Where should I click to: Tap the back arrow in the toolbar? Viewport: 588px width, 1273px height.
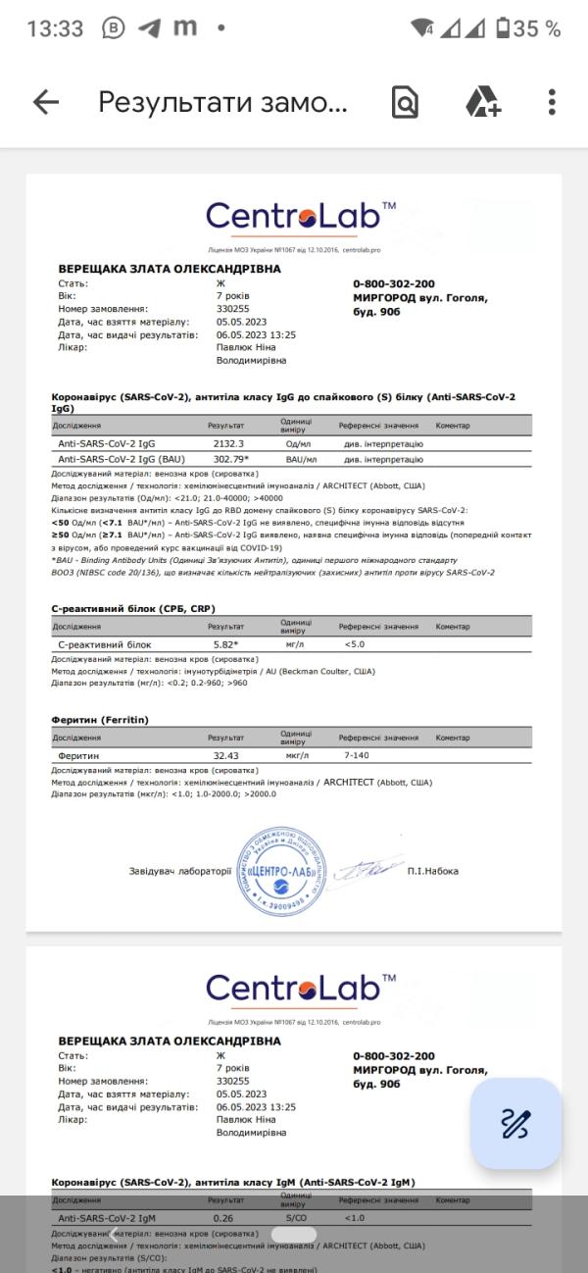46,102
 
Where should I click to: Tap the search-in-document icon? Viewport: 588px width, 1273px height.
405,102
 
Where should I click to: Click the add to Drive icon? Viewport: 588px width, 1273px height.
482,102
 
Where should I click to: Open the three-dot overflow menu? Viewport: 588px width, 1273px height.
553,102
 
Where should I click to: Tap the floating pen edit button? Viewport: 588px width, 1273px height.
515,1123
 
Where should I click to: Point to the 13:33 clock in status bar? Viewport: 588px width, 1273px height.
55,28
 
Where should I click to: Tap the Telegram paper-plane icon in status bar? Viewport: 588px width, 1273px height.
149,28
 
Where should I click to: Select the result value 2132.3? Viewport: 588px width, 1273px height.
228,443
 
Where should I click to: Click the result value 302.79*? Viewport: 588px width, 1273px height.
231,459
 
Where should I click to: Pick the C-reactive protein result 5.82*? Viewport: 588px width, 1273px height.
231,644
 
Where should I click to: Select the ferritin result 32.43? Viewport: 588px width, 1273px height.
228,755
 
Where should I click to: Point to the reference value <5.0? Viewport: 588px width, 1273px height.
355,644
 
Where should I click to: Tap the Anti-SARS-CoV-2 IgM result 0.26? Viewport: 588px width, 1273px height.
224,1217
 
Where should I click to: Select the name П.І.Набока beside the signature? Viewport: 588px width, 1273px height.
432,870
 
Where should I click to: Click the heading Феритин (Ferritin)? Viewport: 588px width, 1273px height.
100,719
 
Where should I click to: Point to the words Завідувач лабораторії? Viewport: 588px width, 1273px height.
180,870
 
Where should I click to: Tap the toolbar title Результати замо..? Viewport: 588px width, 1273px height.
222,102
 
